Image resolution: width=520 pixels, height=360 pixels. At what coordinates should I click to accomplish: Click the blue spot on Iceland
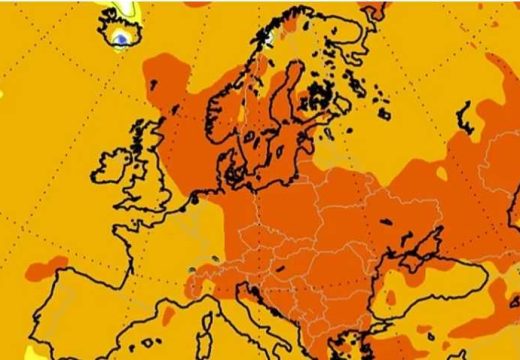(121, 38)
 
